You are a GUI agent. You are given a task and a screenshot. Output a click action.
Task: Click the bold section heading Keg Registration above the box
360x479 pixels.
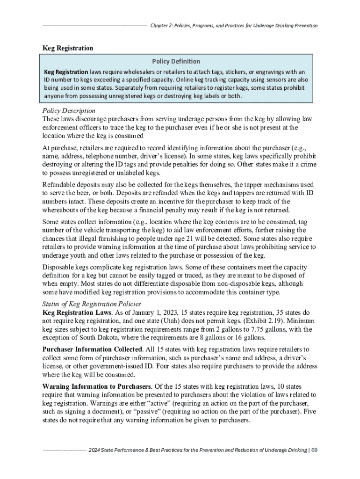pos(68,48)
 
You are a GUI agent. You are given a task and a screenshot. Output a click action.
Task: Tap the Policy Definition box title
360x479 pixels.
pos(176,61)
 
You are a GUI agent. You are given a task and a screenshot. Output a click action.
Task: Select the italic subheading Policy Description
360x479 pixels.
pos(69,111)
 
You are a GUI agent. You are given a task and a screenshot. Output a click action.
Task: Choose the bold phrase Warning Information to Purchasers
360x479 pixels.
pos(96,387)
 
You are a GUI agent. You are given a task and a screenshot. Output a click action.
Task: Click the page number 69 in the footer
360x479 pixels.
pos(315,450)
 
